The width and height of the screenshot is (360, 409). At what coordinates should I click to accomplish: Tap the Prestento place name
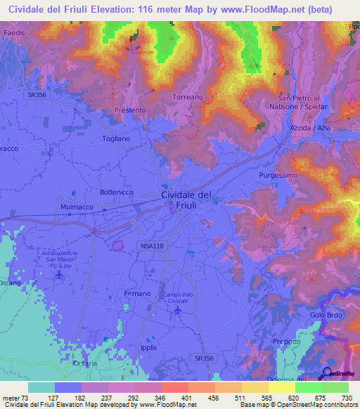(x=130, y=110)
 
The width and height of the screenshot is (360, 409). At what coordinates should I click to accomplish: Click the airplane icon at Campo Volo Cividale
(x=178, y=309)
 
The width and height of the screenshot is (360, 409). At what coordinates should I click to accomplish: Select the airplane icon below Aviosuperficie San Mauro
(x=59, y=274)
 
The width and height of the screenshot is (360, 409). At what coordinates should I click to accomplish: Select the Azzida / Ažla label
(x=310, y=129)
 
